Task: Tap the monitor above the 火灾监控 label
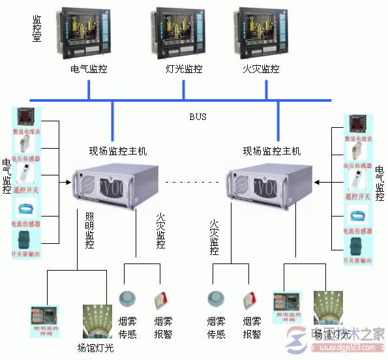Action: point(260,33)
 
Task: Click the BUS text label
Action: point(198,117)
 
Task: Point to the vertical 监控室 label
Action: point(37,29)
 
